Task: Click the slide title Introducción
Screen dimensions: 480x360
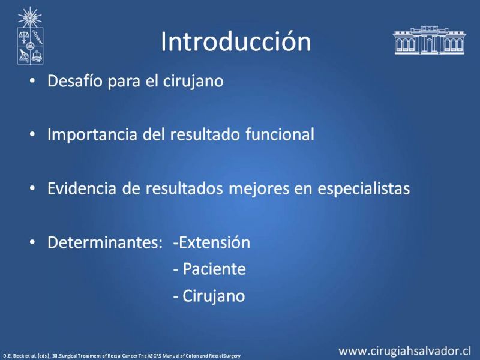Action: (236, 41)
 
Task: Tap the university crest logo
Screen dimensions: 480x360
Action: (30, 36)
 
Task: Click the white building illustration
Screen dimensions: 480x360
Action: (429, 40)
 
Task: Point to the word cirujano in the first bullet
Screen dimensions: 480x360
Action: (193, 82)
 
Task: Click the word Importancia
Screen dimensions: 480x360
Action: (92, 134)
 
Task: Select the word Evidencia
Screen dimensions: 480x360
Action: (82, 188)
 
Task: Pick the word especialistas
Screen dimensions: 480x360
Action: (364, 188)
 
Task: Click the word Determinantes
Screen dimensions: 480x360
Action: (104, 242)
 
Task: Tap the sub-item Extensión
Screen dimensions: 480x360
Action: (212, 242)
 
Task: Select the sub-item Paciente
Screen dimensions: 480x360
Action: (209, 269)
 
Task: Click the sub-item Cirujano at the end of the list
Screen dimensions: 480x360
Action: (209, 296)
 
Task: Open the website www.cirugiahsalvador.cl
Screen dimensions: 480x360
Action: (404, 351)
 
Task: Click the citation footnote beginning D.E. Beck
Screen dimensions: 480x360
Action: (122, 356)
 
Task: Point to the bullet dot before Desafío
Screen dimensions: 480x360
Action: (32, 82)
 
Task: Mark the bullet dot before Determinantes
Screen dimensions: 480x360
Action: (32, 242)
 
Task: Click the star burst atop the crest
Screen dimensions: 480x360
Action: (29, 17)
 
